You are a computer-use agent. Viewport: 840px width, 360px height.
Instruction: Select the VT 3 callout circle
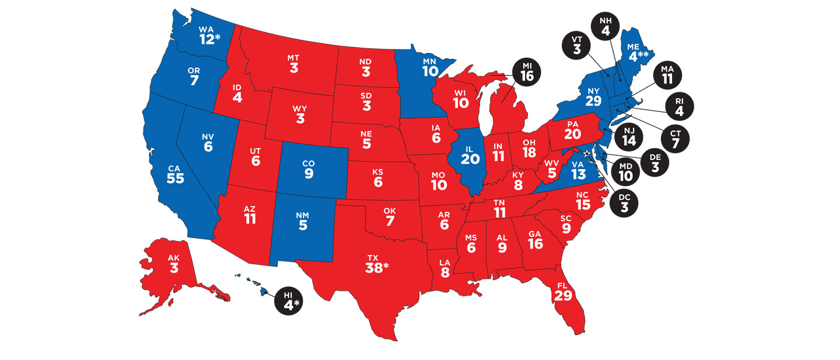(x=576, y=45)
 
